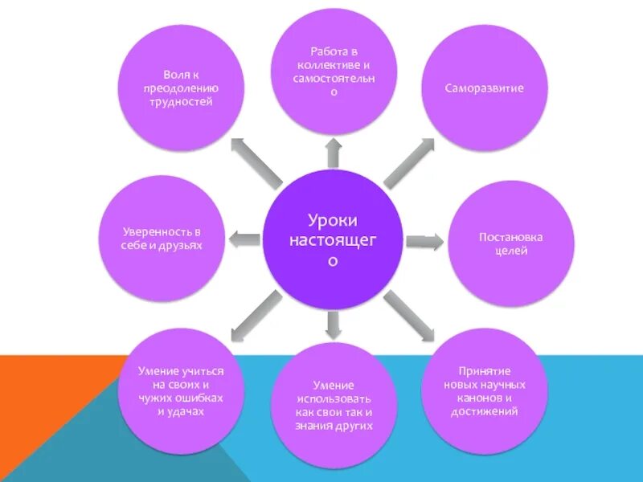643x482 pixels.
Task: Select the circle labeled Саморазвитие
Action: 484,88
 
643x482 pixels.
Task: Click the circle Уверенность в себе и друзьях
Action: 162,239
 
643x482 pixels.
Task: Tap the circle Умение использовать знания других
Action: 332,405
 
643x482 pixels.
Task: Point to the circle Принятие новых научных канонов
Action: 484,389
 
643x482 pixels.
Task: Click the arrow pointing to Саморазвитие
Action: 409,162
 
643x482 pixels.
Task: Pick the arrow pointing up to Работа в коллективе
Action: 333,153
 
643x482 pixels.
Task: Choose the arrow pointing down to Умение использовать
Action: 333,322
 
